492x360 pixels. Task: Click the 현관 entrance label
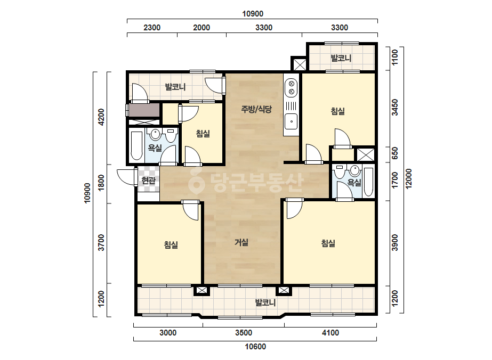tap(148, 181)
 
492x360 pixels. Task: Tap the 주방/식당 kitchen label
tap(256, 109)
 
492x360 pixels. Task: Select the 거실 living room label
tap(241, 242)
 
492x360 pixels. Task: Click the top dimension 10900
tap(253, 14)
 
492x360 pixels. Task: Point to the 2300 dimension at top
tap(152, 28)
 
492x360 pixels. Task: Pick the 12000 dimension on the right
tap(408, 179)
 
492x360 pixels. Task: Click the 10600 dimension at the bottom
tap(255, 347)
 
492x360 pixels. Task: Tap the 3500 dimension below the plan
tap(244, 333)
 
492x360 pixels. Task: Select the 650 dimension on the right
tap(395, 153)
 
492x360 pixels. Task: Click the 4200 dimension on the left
tap(101, 117)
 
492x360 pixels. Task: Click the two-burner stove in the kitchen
tap(291, 87)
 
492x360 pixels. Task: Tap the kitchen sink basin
tap(291, 121)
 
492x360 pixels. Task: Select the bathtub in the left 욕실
tap(136, 145)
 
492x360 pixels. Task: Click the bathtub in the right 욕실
tap(368, 182)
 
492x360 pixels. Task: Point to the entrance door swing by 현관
tap(126, 177)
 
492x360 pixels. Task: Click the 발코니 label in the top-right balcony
tap(341, 59)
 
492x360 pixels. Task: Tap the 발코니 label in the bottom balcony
tap(265, 302)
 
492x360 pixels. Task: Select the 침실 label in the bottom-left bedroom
tap(171, 244)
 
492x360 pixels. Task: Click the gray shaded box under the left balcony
tap(144, 110)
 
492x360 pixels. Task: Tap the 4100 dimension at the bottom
tap(330, 333)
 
